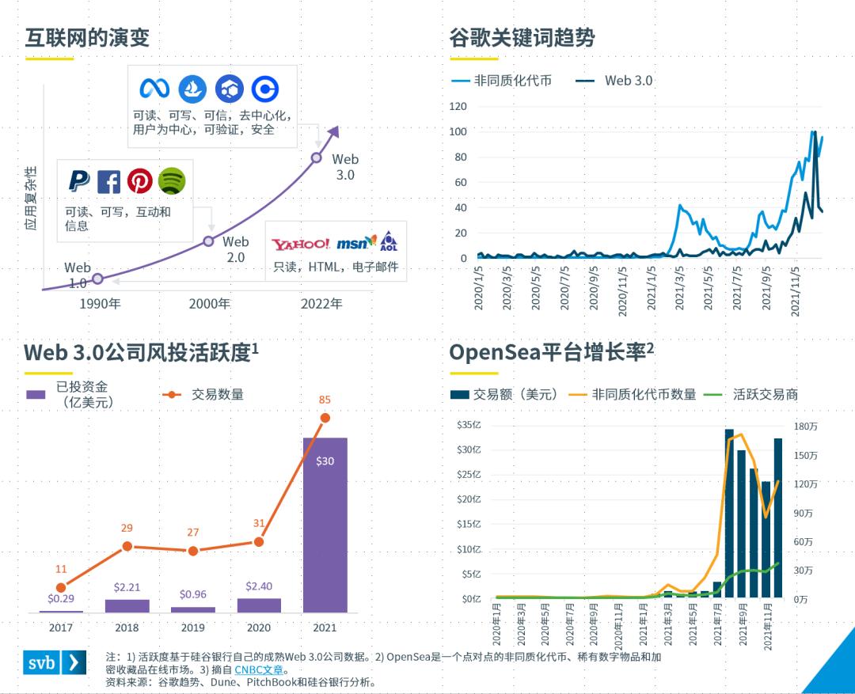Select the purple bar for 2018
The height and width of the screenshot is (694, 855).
click(x=127, y=605)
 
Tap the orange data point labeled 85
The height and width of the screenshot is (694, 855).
click(x=325, y=418)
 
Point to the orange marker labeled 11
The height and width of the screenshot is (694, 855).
click(x=61, y=587)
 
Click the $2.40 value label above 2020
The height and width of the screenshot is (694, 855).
click(x=259, y=586)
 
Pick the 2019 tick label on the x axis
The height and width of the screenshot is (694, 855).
click(x=193, y=628)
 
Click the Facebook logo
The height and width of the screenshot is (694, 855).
click(x=108, y=182)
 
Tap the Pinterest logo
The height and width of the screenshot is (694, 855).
click(x=140, y=181)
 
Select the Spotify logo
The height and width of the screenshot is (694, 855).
click(x=172, y=181)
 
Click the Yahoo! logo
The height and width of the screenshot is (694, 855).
click(x=300, y=244)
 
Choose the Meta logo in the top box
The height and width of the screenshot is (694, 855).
click(x=155, y=88)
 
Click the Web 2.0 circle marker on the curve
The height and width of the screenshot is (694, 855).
click(x=209, y=241)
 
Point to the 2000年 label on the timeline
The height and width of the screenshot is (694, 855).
click(x=210, y=303)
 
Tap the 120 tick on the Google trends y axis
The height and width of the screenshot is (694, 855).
click(x=458, y=106)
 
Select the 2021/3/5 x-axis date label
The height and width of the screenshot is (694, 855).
click(x=680, y=289)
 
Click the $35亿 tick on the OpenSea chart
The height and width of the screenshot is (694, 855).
click(x=469, y=426)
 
